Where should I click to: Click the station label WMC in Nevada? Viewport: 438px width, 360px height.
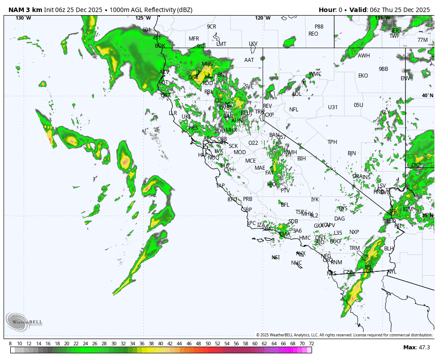pyautogui.click(x=315, y=74)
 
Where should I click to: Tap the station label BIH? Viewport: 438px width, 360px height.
pyautogui.click(x=302, y=159)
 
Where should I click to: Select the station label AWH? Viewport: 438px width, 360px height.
pyautogui.click(x=364, y=56)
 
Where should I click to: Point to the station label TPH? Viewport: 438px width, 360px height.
pyautogui.click(x=332, y=142)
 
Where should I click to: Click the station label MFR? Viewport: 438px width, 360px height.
pyautogui.click(x=194, y=39)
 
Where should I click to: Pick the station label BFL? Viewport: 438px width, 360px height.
pyautogui.click(x=285, y=205)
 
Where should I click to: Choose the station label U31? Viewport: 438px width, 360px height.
pyautogui.click(x=333, y=107)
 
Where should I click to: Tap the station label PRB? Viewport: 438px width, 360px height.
pyautogui.click(x=247, y=199)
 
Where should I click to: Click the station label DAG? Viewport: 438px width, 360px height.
pyautogui.click(x=340, y=219)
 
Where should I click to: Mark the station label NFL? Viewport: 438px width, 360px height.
pyautogui.click(x=294, y=110)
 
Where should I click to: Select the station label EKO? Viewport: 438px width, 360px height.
pyautogui.click(x=363, y=76)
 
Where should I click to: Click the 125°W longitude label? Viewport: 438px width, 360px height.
pyautogui.click(x=143, y=18)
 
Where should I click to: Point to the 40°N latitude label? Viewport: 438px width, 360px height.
pyautogui.click(x=427, y=96)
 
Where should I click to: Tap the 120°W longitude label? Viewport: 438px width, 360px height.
pyautogui.click(x=263, y=18)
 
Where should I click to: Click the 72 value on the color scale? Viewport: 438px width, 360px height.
pyautogui.click(x=311, y=344)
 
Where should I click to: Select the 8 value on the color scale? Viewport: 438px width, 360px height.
pyautogui.click(x=10, y=344)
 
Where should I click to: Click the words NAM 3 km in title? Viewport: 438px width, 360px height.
pyautogui.click(x=25, y=10)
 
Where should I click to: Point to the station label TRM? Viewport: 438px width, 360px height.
pyautogui.click(x=354, y=248)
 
